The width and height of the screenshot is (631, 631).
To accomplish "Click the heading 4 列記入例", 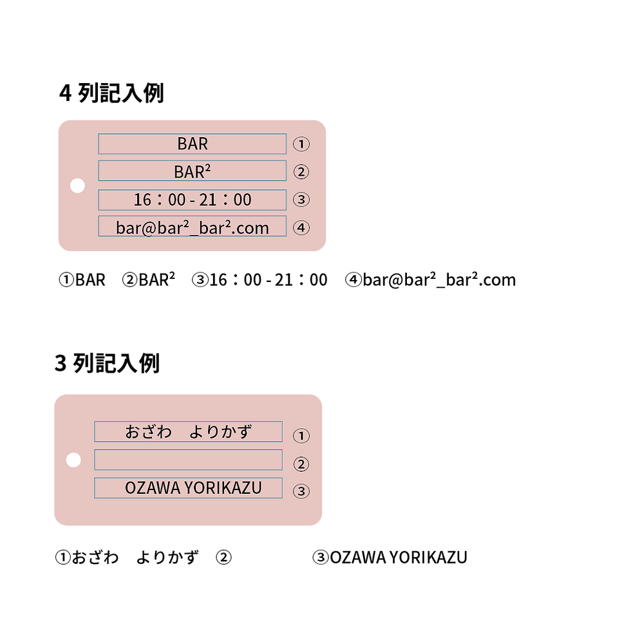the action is coord(111,93).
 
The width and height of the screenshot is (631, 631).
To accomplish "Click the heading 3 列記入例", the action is coord(108,363).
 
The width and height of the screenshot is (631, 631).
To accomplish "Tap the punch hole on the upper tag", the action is coord(77,185).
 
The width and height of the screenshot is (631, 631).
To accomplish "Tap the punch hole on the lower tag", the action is coord(73,460).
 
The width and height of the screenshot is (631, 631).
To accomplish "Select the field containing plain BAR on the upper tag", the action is coord(193,144).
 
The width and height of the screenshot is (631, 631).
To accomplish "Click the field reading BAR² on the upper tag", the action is coord(193,171).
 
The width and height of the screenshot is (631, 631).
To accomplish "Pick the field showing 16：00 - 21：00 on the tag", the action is coord(193,200).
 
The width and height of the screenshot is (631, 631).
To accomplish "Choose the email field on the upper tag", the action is coord(193,226).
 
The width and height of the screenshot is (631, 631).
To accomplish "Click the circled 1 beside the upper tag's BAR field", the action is coord(301,144).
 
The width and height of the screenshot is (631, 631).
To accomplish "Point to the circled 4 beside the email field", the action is coord(301,228).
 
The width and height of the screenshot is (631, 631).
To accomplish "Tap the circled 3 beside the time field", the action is coord(301,200).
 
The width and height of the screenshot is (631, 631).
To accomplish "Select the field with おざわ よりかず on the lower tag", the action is coord(188,431).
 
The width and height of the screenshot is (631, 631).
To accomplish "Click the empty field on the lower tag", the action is coord(188,460).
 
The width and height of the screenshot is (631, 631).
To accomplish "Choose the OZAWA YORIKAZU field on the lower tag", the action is coord(188,488).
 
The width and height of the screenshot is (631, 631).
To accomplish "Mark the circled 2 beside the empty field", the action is coord(301,464).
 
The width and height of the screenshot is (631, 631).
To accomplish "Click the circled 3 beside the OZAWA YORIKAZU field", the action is coord(301,491).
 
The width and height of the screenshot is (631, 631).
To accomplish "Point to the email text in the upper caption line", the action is coord(439,279).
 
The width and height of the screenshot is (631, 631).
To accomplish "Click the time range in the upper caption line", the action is coord(268,279).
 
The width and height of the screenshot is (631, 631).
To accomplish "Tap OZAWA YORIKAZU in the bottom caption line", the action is coord(399,558).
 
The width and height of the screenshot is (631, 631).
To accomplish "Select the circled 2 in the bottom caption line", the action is coord(224,558).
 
